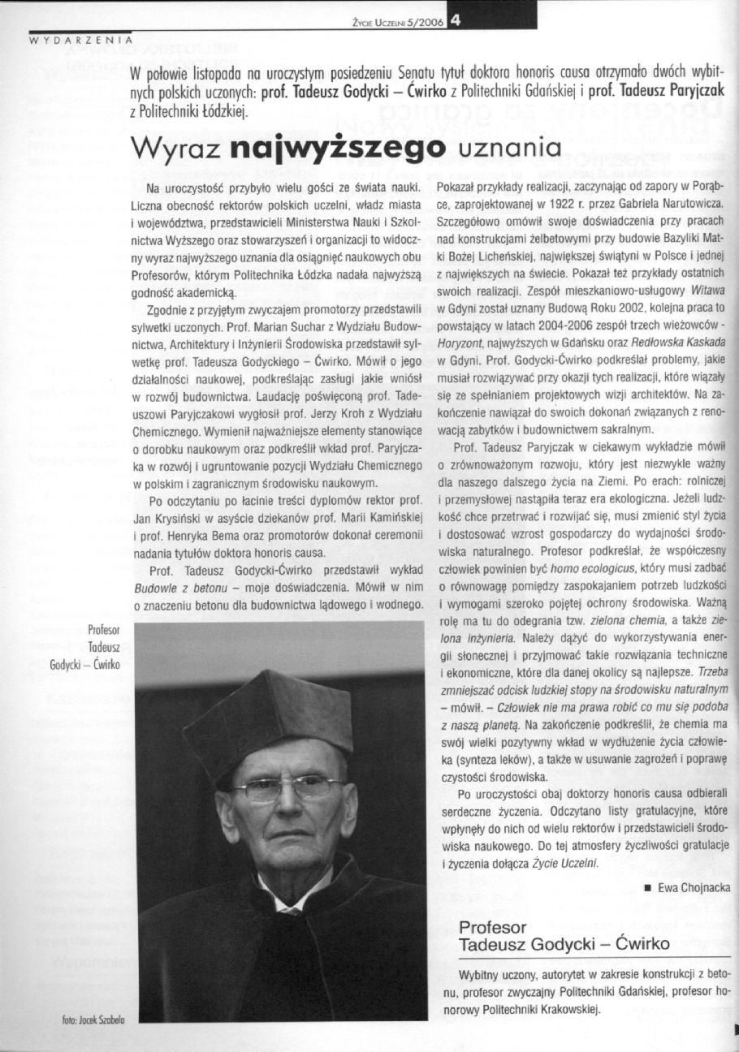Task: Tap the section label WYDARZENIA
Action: (x=80, y=39)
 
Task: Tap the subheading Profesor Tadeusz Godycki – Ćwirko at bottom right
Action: (x=564, y=936)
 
